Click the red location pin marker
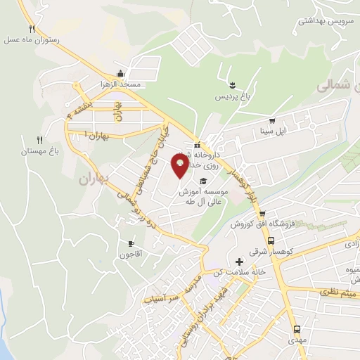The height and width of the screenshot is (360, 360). coord(181,165)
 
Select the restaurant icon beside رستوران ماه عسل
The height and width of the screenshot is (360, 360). coord(32,29)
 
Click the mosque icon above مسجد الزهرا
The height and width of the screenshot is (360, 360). coord(121,73)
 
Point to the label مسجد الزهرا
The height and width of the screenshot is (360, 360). coord(121,84)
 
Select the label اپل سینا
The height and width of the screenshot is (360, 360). coord(271,131)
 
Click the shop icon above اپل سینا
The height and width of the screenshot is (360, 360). coord(271,120)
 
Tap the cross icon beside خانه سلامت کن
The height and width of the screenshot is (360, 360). coord(239,262)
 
